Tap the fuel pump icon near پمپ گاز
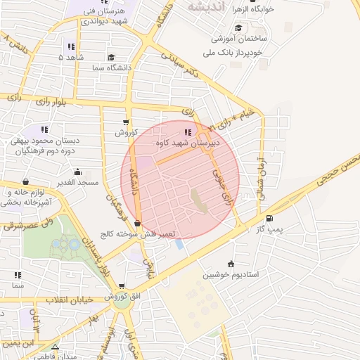pyautogui.click(x=270, y=218)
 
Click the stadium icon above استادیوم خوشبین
pyautogui.click(x=231, y=264)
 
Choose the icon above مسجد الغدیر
pyautogui.click(x=77, y=172)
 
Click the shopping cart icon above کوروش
pyautogui.click(x=126, y=122)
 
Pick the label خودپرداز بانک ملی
pyautogui.click(x=241, y=53)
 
